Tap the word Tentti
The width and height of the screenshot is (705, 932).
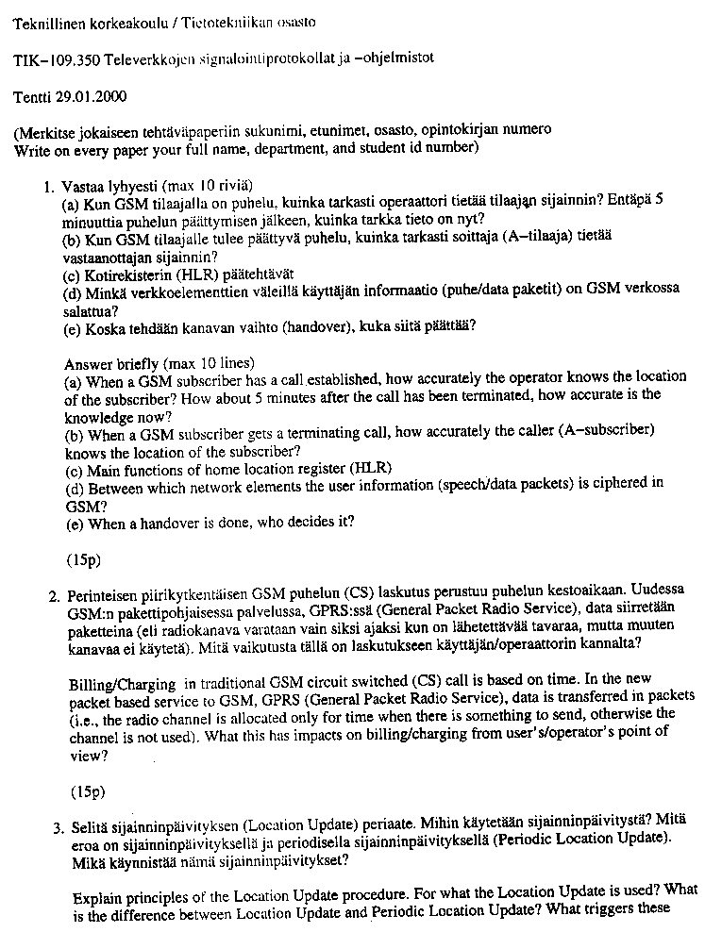coord(32,95)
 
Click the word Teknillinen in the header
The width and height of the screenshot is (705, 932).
coord(49,21)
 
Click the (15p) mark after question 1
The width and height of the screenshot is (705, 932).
coord(83,559)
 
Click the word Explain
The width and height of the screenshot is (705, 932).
coord(95,891)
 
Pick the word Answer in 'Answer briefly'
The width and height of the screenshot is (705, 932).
coord(88,363)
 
